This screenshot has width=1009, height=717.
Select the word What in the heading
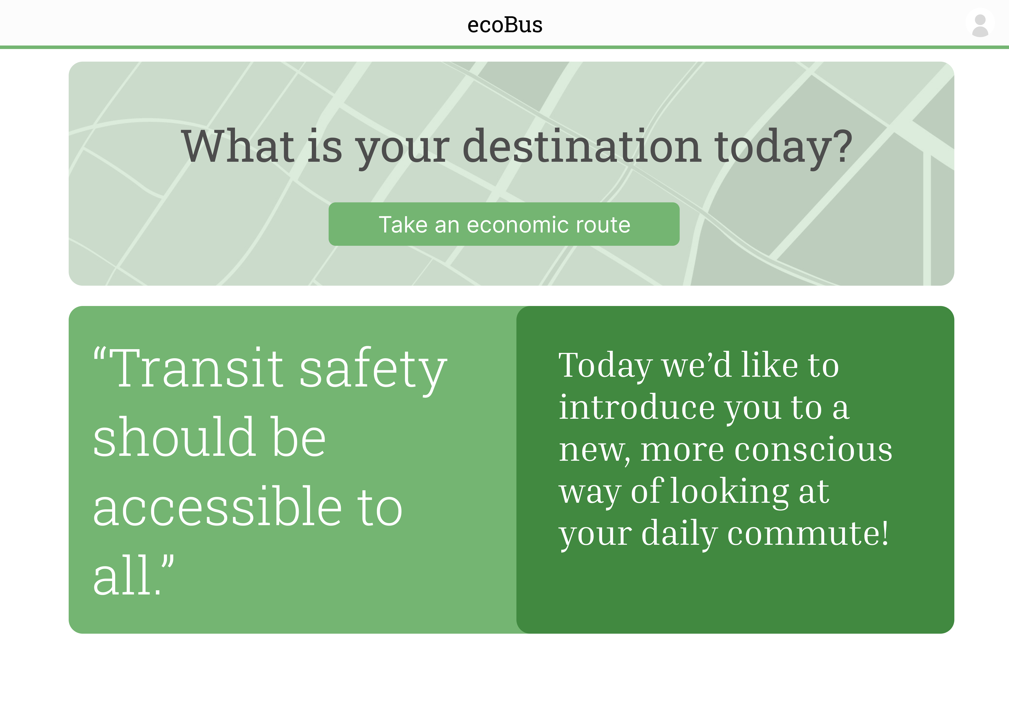[238, 146]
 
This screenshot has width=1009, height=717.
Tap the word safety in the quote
[373, 371]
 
